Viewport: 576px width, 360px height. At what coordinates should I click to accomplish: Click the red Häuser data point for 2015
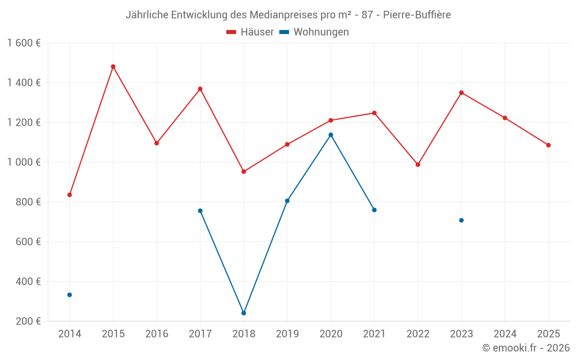coord(113,67)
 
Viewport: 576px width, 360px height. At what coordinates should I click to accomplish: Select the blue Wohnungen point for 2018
coord(244,313)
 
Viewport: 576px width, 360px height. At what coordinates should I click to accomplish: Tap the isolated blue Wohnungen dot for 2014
coord(70,295)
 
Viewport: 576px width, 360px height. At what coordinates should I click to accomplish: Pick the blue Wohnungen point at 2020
coord(331,135)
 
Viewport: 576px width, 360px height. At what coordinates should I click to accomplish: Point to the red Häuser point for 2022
coord(418,165)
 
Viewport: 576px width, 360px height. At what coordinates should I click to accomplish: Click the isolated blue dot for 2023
coord(461,221)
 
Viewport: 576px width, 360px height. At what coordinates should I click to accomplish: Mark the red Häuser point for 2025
coord(548,145)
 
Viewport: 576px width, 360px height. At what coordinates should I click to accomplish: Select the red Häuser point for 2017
coord(200,89)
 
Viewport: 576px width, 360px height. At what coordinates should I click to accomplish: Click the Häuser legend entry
coord(250,32)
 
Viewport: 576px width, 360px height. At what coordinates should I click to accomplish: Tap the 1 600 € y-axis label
coord(24,43)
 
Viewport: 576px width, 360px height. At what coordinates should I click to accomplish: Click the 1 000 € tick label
coord(24,162)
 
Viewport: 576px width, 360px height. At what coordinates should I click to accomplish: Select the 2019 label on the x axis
coord(287,334)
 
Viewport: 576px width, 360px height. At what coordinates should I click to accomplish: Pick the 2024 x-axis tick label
coord(505,334)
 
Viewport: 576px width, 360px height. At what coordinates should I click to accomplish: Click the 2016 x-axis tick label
coord(157,334)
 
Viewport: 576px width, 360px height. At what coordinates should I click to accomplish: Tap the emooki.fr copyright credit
coord(525,348)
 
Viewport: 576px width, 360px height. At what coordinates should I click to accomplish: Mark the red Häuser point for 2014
coord(70,195)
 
